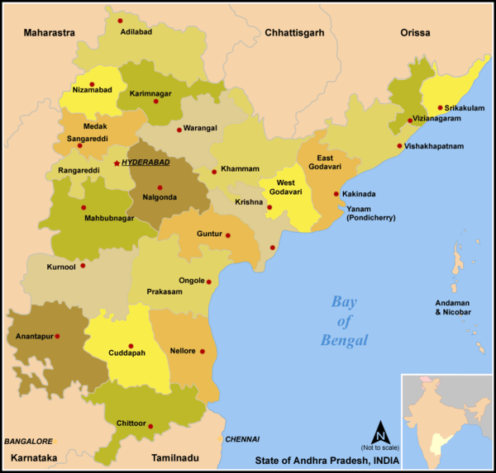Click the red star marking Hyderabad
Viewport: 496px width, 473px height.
(116, 163)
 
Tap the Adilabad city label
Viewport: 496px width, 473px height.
(137, 31)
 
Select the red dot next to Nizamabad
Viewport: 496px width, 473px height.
(92, 84)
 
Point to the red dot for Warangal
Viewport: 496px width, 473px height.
(179, 130)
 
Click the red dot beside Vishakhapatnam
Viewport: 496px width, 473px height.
(398, 146)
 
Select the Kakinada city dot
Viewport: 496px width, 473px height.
(336, 194)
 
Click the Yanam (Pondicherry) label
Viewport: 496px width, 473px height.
(371, 213)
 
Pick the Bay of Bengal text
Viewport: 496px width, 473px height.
(345, 320)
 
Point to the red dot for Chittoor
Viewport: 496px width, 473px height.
(151, 426)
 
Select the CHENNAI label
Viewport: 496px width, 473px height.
(242, 439)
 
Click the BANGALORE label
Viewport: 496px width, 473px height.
(28, 442)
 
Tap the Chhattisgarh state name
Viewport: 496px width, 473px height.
(296, 33)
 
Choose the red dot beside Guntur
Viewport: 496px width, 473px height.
(228, 235)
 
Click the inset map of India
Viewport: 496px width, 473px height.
(446, 420)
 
